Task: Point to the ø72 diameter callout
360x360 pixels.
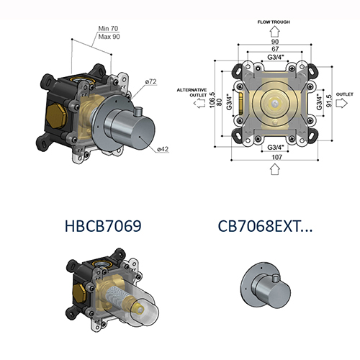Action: pos(150,81)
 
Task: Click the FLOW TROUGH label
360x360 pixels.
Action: pos(271,22)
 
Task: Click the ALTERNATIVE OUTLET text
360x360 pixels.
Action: pos(192,93)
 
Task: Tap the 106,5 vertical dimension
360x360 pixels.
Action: pos(213,99)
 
